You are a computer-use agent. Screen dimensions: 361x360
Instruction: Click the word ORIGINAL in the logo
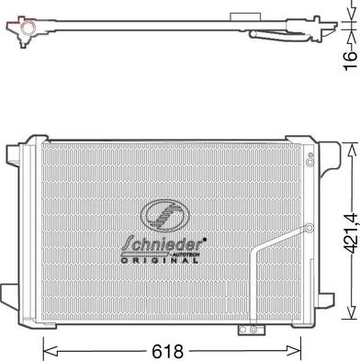click(x=161, y=261)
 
